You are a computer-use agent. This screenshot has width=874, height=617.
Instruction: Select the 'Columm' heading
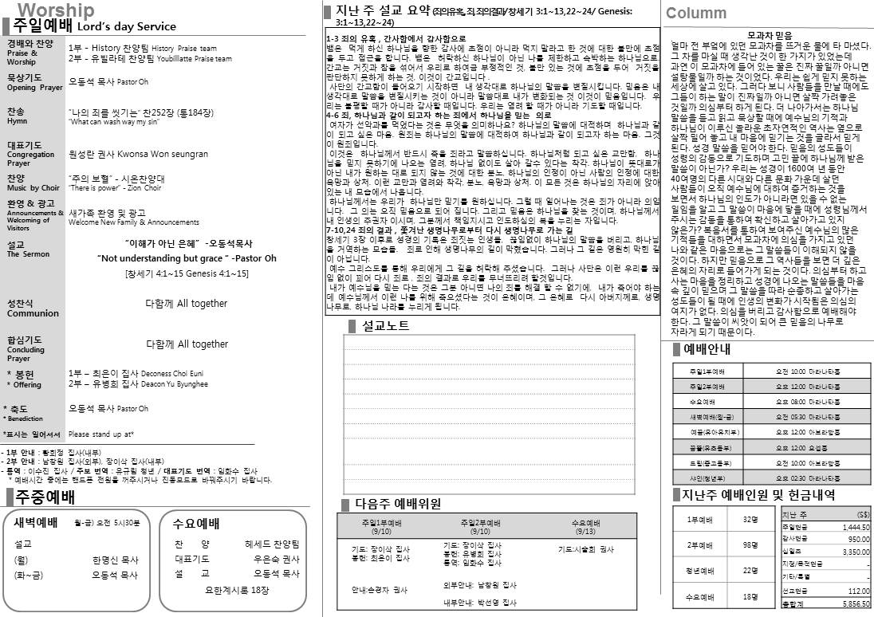click(696, 13)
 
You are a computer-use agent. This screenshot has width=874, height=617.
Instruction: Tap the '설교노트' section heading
click(385, 325)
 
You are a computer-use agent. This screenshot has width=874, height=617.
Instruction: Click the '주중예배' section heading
click(45, 497)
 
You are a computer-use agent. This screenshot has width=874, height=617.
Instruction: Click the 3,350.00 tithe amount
click(855, 552)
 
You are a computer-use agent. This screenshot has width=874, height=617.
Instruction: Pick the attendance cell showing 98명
click(750, 544)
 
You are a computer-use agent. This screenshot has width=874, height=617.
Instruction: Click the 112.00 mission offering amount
click(858, 591)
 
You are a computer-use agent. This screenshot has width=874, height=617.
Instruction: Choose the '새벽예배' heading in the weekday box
click(36, 523)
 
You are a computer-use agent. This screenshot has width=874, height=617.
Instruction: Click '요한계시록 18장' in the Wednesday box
click(237, 591)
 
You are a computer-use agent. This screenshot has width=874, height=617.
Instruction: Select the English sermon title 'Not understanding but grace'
click(187, 258)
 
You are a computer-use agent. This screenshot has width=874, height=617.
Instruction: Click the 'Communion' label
click(33, 313)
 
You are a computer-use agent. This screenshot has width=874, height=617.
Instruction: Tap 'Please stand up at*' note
click(101, 434)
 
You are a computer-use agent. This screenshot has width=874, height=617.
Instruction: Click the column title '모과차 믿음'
click(770, 35)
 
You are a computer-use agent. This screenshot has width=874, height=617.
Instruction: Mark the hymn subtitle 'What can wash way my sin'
click(116, 122)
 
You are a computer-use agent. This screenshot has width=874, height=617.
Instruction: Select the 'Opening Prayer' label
click(34, 88)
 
